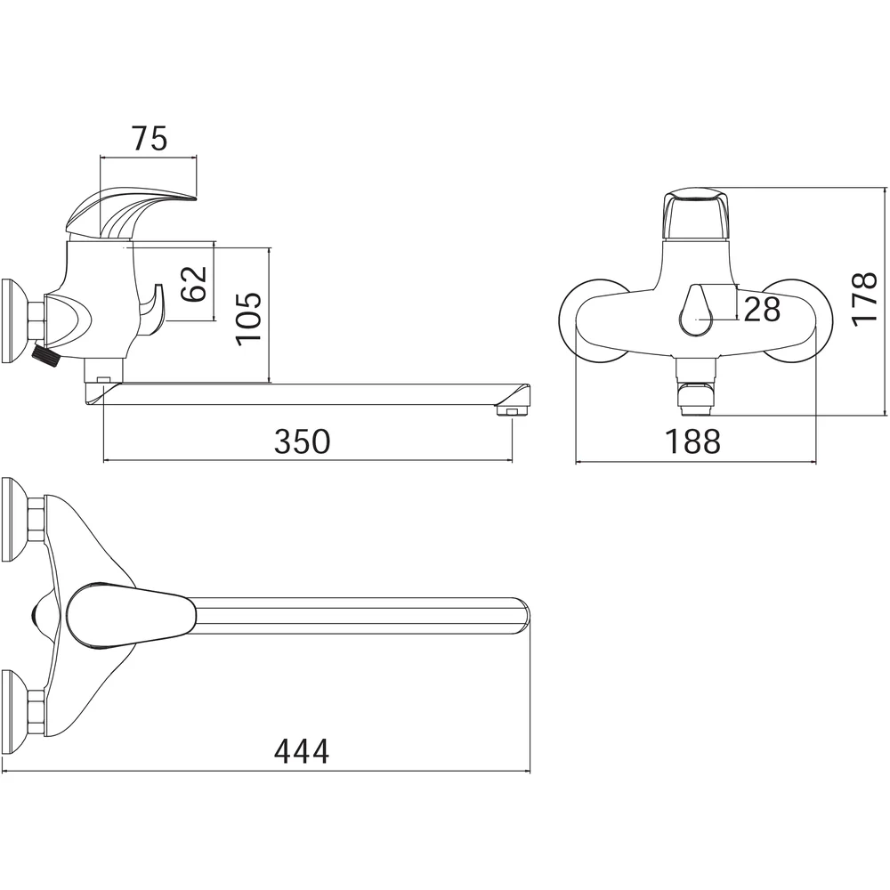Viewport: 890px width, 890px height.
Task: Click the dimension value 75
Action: [150, 139]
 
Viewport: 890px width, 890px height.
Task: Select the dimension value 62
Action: [193, 283]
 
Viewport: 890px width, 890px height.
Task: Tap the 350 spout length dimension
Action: [302, 441]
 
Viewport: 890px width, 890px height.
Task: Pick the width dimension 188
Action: [692, 441]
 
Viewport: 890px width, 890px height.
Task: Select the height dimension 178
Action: [864, 299]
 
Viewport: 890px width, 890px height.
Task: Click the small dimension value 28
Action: [762, 310]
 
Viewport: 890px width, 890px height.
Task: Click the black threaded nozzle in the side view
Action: [48, 357]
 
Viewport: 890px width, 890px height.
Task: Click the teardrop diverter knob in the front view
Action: [696, 311]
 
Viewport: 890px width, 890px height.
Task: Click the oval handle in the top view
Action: [131, 615]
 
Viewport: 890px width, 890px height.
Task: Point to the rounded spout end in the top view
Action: [520, 615]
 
